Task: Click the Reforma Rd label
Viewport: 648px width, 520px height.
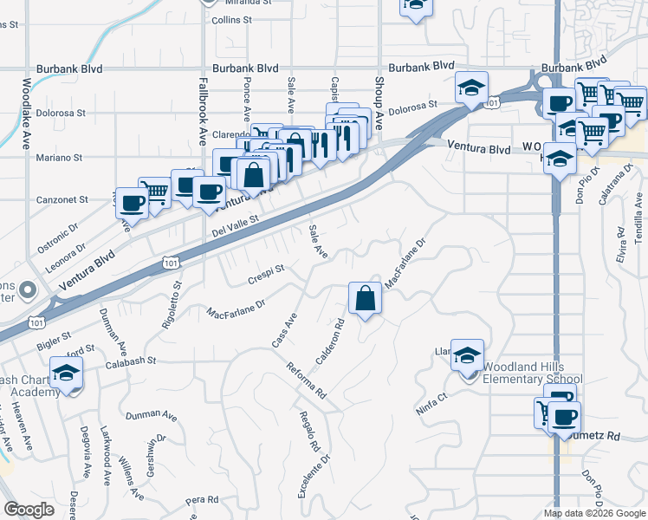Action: [306, 380]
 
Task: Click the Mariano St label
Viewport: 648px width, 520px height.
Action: [61, 158]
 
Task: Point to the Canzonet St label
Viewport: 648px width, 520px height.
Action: [63, 199]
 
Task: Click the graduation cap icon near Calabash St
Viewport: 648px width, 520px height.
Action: [66, 374]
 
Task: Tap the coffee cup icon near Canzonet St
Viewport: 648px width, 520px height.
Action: [132, 203]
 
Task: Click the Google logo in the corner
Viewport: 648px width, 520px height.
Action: [29, 510]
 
